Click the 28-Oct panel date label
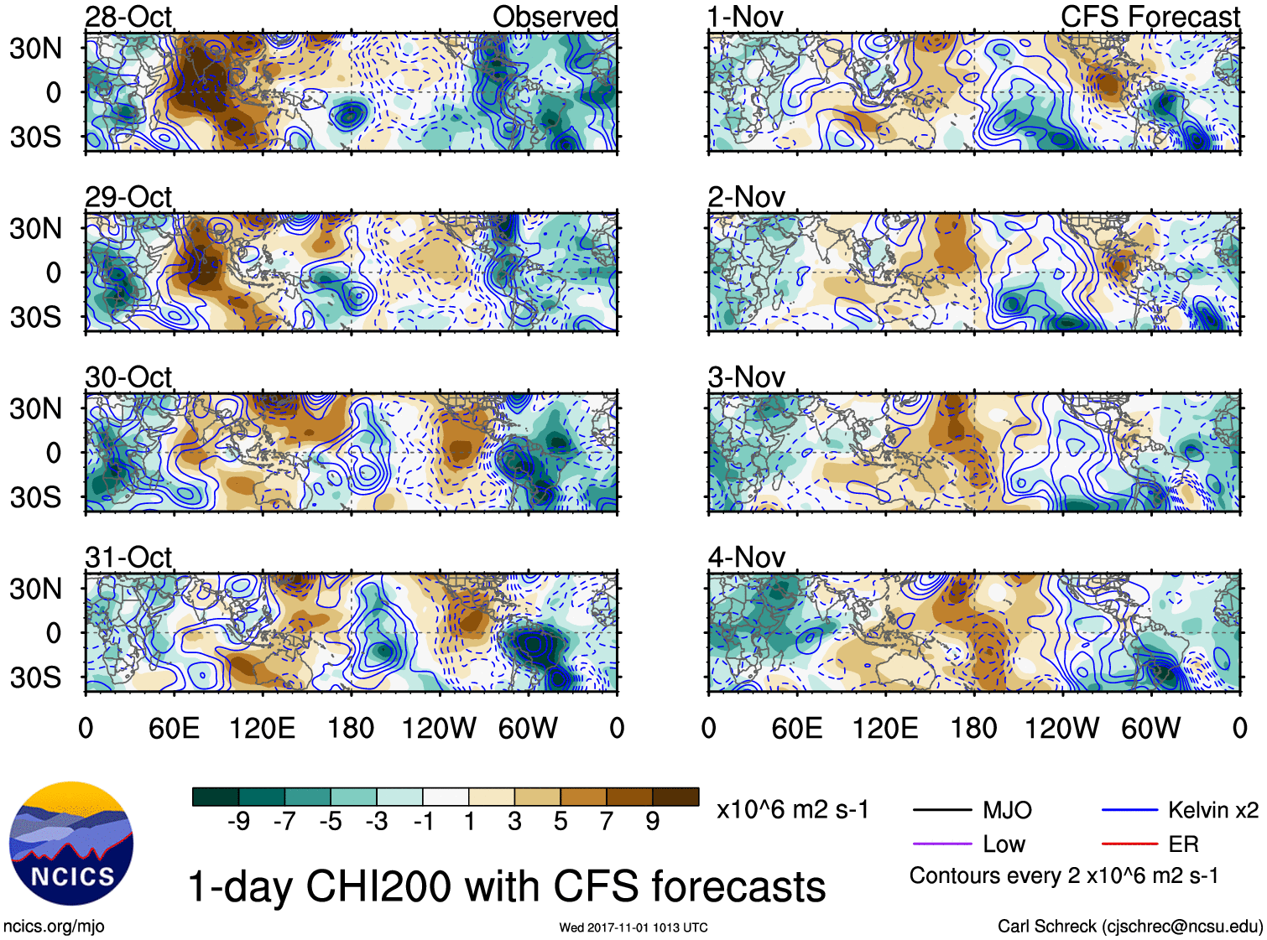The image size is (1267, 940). [128, 17]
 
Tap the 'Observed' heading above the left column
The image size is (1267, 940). [555, 17]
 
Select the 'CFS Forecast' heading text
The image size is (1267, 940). [1150, 17]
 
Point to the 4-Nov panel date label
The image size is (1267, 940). [747, 558]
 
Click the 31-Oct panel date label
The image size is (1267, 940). [128, 558]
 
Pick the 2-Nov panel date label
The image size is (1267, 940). [747, 197]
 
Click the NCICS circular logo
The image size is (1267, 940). [71, 844]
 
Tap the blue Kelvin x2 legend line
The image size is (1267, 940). [1129, 810]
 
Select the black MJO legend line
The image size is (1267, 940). [942, 810]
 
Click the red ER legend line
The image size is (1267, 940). [1129, 844]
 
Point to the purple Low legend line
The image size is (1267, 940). [942, 844]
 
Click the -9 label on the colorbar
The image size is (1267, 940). [238, 822]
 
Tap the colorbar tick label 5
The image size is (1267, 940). [561, 822]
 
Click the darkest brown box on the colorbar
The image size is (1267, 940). [675, 797]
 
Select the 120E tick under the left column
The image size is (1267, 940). [263, 728]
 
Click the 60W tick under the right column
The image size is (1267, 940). [1150, 728]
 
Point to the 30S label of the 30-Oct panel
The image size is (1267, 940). [35, 497]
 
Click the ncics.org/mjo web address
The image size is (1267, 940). [54, 926]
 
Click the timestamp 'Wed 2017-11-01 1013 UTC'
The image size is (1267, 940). [633, 927]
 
